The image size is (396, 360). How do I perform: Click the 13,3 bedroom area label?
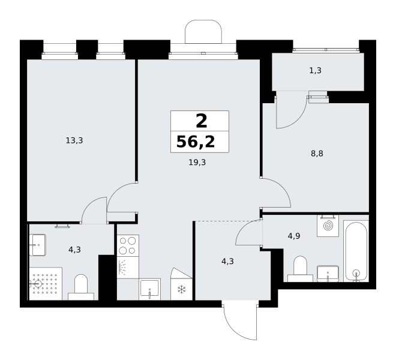(x=74, y=140)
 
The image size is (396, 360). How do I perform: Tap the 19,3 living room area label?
(x=197, y=163)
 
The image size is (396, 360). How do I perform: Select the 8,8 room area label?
(x=317, y=154)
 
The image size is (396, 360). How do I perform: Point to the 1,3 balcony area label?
(x=316, y=70)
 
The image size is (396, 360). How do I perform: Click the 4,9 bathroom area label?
(x=294, y=236)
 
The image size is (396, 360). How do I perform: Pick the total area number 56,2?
(x=196, y=142)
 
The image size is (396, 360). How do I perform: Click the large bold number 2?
(x=202, y=121)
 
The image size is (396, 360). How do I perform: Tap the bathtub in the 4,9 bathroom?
(x=356, y=251)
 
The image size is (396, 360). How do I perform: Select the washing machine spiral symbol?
(x=328, y=226)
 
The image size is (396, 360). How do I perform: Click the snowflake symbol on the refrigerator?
(x=181, y=290)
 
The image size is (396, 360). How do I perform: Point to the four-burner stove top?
(x=128, y=245)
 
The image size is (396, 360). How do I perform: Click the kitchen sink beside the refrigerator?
(x=150, y=289)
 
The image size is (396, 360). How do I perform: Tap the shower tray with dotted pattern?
(x=46, y=284)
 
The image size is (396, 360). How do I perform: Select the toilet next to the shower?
(x=81, y=287)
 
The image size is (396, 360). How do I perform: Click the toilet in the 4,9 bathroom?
(x=300, y=269)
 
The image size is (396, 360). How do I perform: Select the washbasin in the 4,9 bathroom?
(x=328, y=274)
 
